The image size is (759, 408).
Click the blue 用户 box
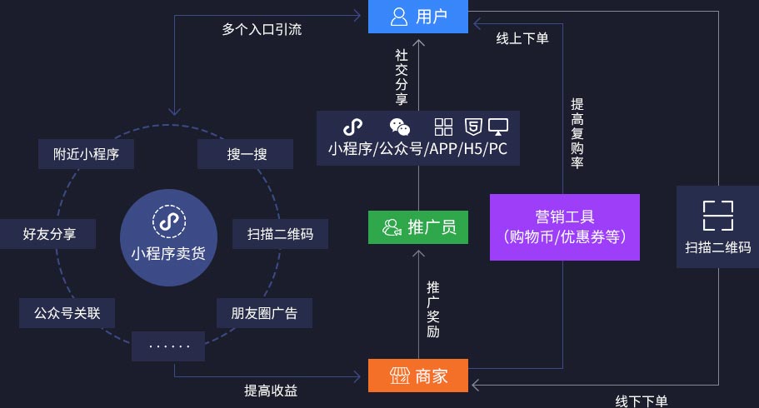pyautogui.click(x=418, y=17)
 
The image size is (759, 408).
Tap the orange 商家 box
pyautogui.click(x=418, y=376)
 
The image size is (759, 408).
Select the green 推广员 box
pyautogui.click(x=418, y=227)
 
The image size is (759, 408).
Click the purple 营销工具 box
pyautogui.click(x=565, y=226)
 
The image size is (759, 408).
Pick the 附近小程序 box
pyautogui.click(x=87, y=154)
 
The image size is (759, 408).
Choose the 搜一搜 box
pyautogui.click(x=245, y=154)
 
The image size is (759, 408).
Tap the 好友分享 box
pyautogui.click(x=49, y=234)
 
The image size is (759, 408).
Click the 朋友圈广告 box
pyautogui.click(x=264, y=313)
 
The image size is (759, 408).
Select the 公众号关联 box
pyautogui.click(x=67, y=313)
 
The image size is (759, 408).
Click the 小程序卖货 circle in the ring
pyautogui.click(x=167, y=236)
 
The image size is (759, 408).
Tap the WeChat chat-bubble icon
pyautogui.click(x=400, y=127)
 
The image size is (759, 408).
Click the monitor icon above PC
pyautogui.click(x=498, y=127)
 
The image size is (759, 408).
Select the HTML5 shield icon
pyautogui.click(x=472, y=127)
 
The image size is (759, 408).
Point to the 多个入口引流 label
pyautogui.click(x=262, y=29)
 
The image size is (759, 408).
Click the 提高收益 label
pyautogui.click(x=270, y=390)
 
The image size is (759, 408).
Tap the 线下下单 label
pyautogui.click(x=642, y=401)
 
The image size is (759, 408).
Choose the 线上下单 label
pyautogui.click(x=522, y=37)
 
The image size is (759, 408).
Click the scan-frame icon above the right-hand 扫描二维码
pyautogui.click(x=717, y=215)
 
